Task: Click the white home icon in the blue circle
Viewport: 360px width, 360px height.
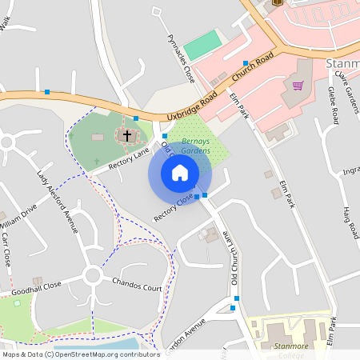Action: pyautogui.click(x=180, y=172)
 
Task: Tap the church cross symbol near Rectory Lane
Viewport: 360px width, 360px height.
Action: pyautogui.click(x=126, y=134)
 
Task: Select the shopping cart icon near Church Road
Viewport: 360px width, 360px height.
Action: pyautogui.click(x=298, y=86)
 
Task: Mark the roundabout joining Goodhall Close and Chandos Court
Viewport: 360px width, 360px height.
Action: pyautogui.click(x=91, y=276)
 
